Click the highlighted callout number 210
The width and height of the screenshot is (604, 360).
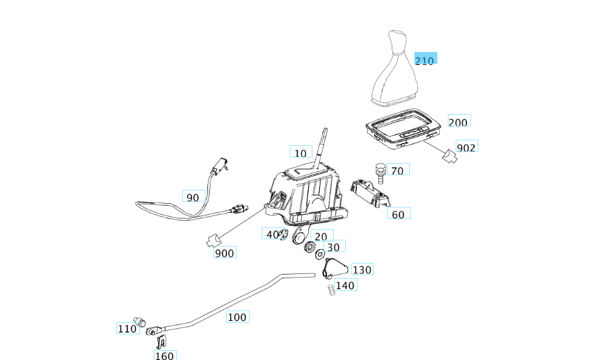[425, 60]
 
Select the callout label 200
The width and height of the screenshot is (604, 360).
[458, 122]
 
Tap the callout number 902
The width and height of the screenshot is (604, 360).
[467, 148]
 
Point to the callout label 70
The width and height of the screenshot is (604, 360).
[397, 171]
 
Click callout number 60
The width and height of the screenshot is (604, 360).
[398, 214]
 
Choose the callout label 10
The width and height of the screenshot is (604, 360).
[300, 153]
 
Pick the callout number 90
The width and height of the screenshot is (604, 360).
[193, 197]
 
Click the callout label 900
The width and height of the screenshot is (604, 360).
[225, 253]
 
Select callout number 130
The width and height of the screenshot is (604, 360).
[362, 270]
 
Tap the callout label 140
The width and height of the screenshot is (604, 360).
[345, 285]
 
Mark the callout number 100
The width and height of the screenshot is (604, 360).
[237, 317]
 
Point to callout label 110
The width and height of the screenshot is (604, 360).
[127, 329]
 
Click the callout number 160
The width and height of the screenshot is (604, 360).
[164, 356]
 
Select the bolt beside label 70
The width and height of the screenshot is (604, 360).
[379, 172]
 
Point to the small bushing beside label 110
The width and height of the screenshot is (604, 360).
[140, 322]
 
